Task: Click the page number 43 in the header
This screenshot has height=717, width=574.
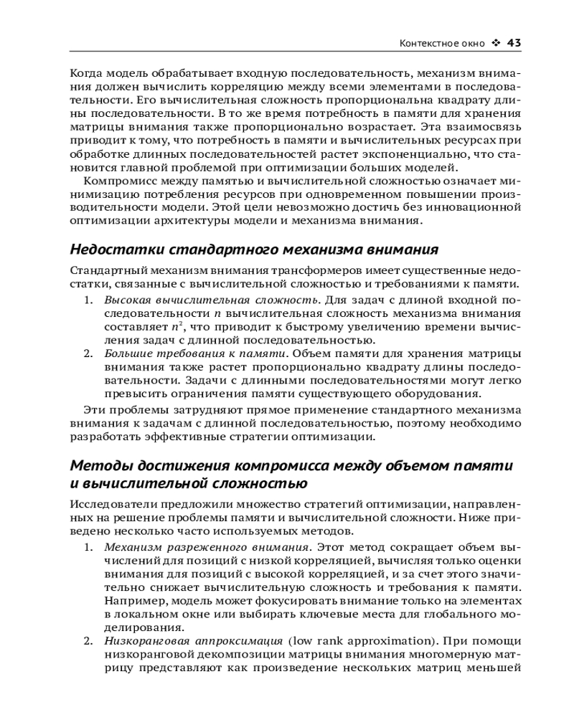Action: coord(514,43)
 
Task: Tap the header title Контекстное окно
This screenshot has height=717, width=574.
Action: coord(442,43)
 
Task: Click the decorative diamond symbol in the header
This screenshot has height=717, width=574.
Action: coord(496,43)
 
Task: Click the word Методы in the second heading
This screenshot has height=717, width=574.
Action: coord(98,465)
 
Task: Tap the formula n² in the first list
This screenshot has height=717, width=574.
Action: coord(166,326)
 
